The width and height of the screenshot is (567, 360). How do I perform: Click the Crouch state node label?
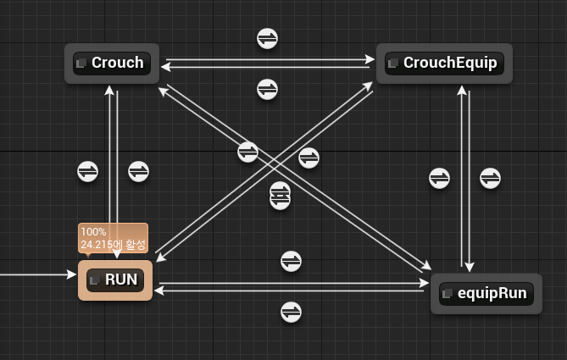118,63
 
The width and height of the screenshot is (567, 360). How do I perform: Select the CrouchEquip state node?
444,63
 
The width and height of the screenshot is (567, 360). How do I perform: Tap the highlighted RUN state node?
115,280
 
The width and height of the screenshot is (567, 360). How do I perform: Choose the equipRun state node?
486,294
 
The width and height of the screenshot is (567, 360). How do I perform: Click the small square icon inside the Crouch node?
81,64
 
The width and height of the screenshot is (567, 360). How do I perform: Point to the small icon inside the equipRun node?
449,295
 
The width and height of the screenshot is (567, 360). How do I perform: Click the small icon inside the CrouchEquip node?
393,64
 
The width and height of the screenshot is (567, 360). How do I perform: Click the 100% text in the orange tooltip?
92,231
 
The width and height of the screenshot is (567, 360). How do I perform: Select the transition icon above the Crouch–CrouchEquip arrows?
268,38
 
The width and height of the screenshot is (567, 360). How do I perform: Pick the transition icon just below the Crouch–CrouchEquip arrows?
268,88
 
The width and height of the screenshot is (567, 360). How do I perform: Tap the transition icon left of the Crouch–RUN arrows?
87,171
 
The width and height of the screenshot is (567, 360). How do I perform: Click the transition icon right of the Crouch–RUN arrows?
138,171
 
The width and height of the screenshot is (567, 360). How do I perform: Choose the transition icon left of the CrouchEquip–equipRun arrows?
439,178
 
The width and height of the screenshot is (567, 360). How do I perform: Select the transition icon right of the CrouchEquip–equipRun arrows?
490,178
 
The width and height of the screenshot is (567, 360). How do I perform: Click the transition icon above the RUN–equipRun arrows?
291,261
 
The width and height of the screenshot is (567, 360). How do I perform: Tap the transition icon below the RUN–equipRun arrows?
291,312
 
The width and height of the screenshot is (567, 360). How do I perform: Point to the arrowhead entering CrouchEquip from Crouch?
370,59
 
